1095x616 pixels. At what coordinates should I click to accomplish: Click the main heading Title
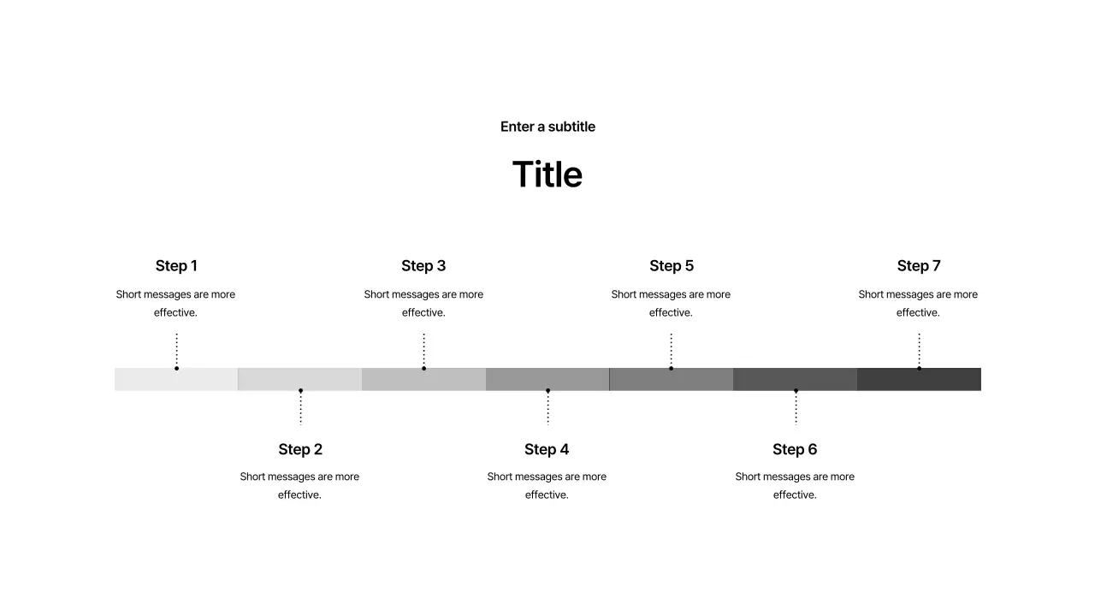point(547,174)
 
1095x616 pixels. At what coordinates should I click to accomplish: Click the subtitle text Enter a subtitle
point(547,127)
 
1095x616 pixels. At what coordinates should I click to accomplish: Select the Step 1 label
point(176,265)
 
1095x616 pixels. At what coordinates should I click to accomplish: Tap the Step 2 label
point(300,449)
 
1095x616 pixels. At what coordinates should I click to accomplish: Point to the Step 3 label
point(423,265)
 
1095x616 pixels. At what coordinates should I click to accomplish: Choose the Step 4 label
point(547,449)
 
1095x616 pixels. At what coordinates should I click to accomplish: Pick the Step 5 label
point(672,265)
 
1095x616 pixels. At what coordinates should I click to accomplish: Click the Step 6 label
point(795,449)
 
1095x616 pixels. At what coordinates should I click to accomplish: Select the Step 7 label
point(919,265)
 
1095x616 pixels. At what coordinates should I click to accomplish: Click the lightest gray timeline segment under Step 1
point(176,379)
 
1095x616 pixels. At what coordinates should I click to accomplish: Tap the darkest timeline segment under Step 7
point(919,379)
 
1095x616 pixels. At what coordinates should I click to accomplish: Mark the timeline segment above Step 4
point(547,379)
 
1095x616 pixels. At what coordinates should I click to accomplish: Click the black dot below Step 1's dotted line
point(176,368)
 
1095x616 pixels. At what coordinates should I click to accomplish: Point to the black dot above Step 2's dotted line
point(300,391)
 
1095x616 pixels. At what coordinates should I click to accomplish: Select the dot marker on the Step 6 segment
point(796,391)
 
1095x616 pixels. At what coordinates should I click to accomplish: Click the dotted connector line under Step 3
point(423,350)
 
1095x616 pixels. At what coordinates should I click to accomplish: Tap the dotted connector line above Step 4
point(548,409)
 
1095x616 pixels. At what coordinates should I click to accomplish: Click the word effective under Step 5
point(670,312)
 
